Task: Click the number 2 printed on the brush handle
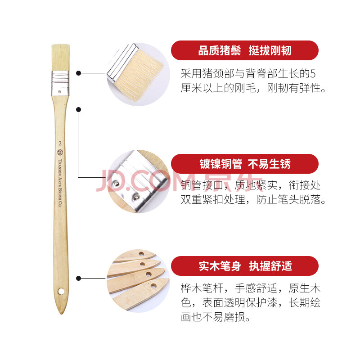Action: [x=60, y=144]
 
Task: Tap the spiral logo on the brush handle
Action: [x=60, y=152]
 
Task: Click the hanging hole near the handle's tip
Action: [x=61, y=292]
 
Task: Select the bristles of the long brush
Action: [x=60, y=58]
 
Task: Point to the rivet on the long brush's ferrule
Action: [x=59, y=92]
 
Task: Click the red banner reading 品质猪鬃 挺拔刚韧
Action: [x=245, y=50]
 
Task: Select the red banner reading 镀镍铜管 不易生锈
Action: [x=245, y=164]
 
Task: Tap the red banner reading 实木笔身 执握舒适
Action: [x=245, y=266]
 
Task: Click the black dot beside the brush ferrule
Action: [x=78, y=73]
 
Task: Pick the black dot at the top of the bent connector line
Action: [x=78, y=109]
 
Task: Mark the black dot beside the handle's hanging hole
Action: [x=78, y=278]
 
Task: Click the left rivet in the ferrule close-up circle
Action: [x=117, y=184]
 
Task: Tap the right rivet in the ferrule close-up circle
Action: [x=136, y=197]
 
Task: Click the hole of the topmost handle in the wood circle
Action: [x=141, y=254]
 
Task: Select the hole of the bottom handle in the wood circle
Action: [x=153, y=286]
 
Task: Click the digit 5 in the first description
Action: [x=313, y=74]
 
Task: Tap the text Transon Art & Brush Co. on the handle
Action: [x=60, y=183]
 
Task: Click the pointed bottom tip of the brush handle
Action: [x=61, y=314]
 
